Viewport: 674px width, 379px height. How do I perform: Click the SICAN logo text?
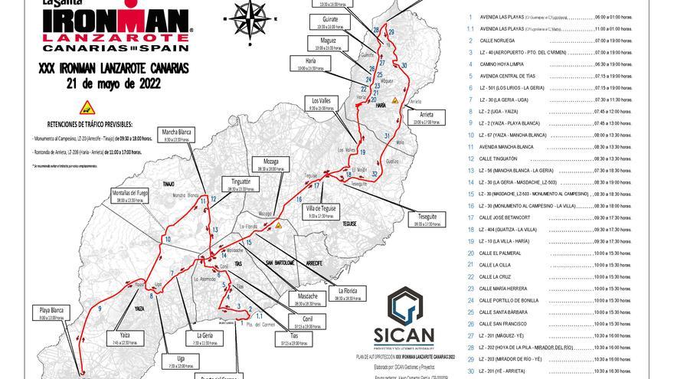pyautogui.click(x=413, y=335)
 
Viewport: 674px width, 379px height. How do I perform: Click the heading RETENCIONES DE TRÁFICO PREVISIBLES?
pyautogui.click(x=90, y=123)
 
